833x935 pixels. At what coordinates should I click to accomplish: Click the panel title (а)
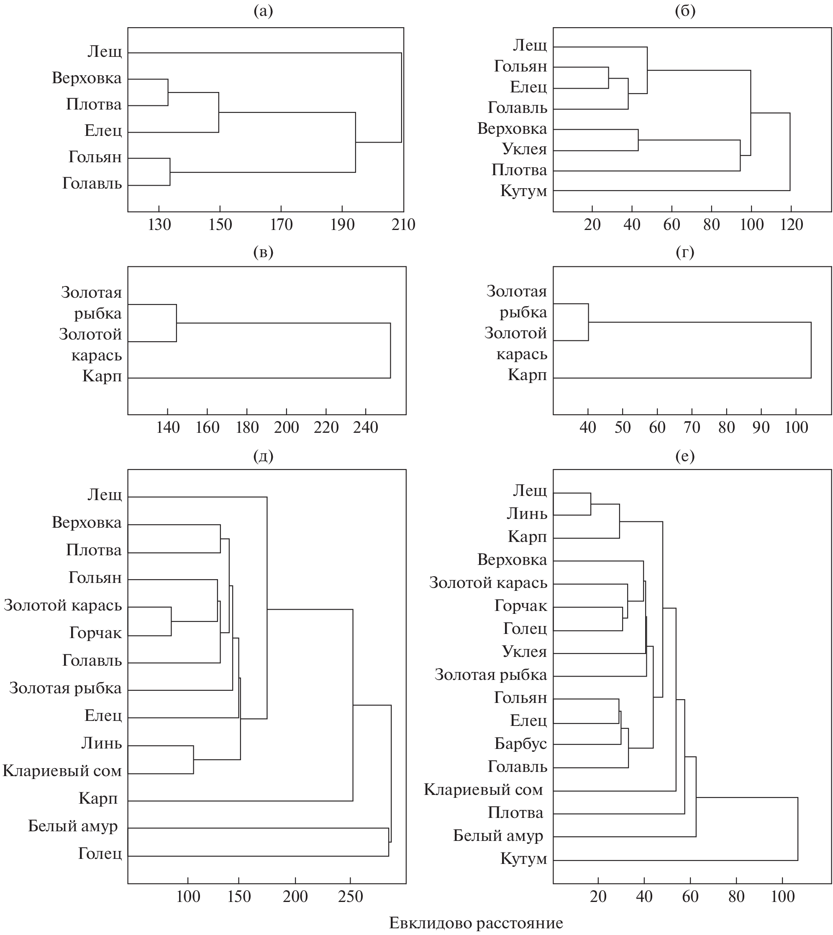(x=263, y=11)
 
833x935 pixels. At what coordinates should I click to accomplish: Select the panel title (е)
(x=685, y=456)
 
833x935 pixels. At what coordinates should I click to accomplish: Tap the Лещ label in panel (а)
(x=105, y=51)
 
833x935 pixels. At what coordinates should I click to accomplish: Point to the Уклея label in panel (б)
(x=525, y=149)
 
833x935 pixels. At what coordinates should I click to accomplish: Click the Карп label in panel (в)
(x=102, y=376)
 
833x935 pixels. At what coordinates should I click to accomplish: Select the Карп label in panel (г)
(x=527, y=375)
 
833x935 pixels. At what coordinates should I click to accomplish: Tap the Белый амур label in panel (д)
(x=73, y=826)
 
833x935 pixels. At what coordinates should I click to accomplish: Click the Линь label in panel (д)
(x=102, y=743)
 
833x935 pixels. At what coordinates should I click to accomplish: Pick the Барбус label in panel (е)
(x=521, y=744)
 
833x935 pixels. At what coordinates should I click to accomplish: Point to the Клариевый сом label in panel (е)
(x=483, y=789)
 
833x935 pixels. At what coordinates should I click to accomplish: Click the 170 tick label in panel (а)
(x=281, y=225)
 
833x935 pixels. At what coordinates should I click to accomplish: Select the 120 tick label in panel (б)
(x=791, y=225)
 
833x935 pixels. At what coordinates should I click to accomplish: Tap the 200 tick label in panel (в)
(x=287, y=427)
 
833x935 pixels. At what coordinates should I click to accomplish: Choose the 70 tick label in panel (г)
(x=692, y=427)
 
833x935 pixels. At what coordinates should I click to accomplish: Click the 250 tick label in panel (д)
(x=350, y=896)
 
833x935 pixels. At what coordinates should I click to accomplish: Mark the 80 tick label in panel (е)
(x=736, y=896)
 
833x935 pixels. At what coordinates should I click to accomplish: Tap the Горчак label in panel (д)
(x=96, y=633)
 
